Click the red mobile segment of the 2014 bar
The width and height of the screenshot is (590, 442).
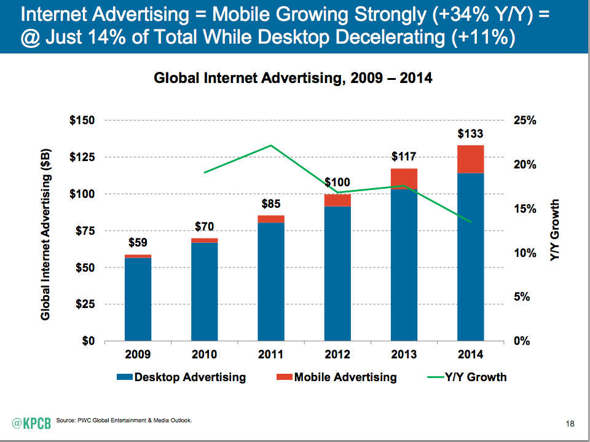point(470,159)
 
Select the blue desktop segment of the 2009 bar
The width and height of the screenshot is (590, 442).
point(138,299)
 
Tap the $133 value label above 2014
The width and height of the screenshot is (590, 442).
point(470,133)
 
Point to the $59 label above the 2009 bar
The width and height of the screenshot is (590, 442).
point(138,242)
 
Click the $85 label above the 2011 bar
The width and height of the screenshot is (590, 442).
point(271,203)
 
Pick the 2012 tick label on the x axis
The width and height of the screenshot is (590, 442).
point(337,355)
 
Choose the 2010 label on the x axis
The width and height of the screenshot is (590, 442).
point(204,355)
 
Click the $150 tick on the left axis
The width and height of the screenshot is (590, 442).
point(82,120)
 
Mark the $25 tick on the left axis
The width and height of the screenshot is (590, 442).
point(85,304)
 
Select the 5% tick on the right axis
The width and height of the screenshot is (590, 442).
point(522,297)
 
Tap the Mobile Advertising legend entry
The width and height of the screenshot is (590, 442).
point(338,377)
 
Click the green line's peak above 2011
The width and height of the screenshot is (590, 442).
point(271,146)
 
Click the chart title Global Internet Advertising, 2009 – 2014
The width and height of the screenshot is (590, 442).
point(293,78)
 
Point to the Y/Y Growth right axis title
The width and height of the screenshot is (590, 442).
point(555,231)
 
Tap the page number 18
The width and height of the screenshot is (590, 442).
point(569,424)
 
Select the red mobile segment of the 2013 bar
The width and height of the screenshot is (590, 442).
point(404,178)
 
